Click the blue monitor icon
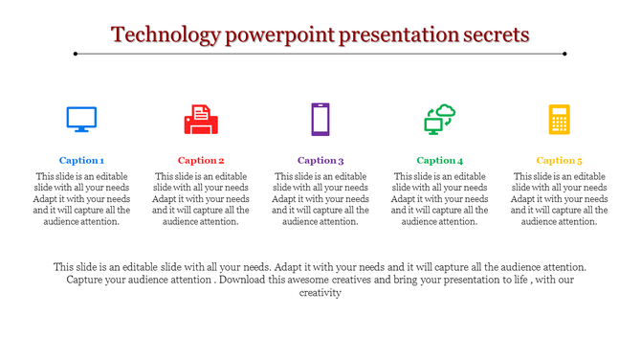click(x=81, y=120)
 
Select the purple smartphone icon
click(x=320, y=120)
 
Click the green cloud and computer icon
click(x=440, y=120)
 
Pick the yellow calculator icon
click(x=559, y=120)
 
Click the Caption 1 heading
click(x=81, y=161)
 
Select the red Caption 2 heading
click(x=201, y=161)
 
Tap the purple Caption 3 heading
click(x=320, y=161)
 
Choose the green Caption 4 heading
click(x=440, y=161)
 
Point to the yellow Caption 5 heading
click(x=559, y=161)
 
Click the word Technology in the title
click(x=164, y=35)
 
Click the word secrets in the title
click(x=493, y=35)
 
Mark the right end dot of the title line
click(x=565, y=54)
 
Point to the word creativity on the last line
click(x=320, y=294)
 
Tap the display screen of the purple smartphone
click(x=320, y=120)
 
